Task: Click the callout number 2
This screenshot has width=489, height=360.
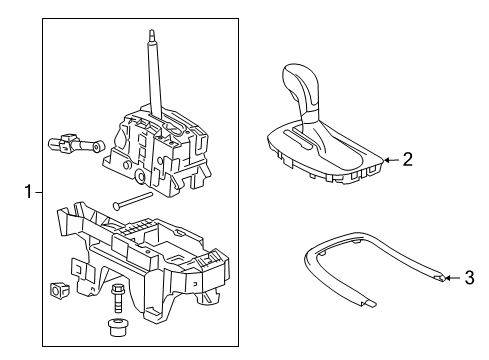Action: pyautogui.click(x=407, y=158)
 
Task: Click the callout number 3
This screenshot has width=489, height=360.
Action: pyautogui.click(x=469, y=278)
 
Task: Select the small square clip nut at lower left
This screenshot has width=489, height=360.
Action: pyautogui.click(x=58, y=290)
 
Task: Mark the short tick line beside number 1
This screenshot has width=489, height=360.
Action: pyautogui.click(x=37, y=189)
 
